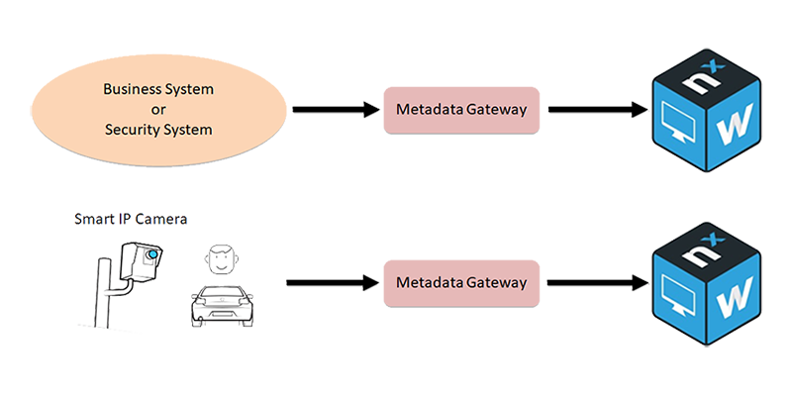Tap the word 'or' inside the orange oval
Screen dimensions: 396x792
tap(158, 109)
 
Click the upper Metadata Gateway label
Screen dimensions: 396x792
tap(460, 107)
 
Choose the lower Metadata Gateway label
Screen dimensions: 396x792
tap(460, 282)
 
